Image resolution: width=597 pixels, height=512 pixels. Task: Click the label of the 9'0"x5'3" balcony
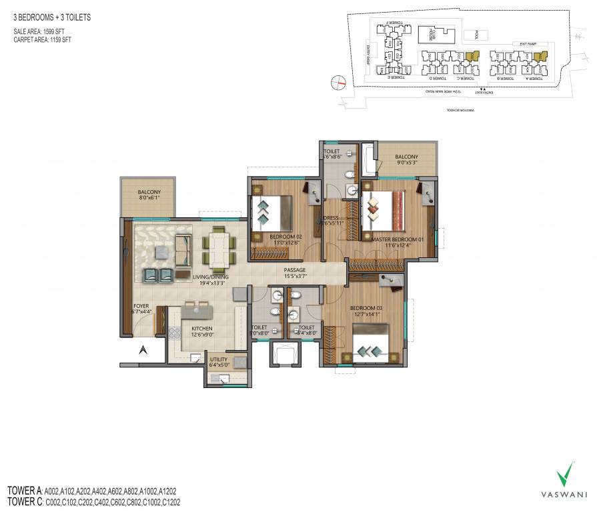[x=406, y=160]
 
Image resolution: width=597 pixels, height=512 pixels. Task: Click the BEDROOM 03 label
[x=367, y=311]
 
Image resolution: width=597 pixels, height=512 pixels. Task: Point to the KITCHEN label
[x=201, y=332]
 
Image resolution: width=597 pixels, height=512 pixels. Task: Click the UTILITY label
[x=218, y=361]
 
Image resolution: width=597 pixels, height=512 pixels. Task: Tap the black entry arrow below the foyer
[x=141, y=349]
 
